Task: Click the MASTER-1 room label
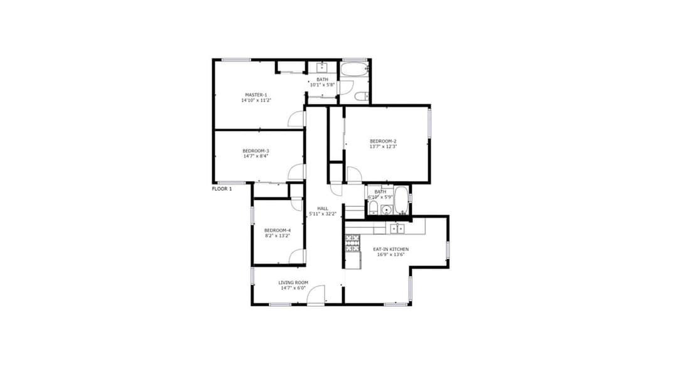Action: click(x=256, y=95)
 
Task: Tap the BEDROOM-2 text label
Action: click(x=383, y=141)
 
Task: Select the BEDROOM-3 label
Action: click(x=256, y=151)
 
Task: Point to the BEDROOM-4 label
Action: click(x=277, y=230)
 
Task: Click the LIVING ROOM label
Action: click(x=293, y=282)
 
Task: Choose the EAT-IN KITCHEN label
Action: click(x=391, y=249)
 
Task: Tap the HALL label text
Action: click(x=323, y=209)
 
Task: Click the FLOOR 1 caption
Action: click(x=222, y=189)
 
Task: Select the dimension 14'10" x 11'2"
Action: click(x=256, y=100)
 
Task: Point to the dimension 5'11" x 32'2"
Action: click(x=323, y=214)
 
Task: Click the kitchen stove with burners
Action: click(x=352, y=243)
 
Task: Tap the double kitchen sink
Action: click(x=397, y=228)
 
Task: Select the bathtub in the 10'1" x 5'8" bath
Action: click(x=354, y=70)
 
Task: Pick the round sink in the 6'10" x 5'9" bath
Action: click(x=387, y=210)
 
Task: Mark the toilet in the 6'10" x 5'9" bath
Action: click(x=373, y=208)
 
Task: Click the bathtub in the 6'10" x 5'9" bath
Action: click(x=401, y=201)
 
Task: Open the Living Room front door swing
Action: click(x=316, y=295)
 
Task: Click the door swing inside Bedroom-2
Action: click(x=354, y=174)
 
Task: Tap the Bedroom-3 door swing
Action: click(x=296, y=172)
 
